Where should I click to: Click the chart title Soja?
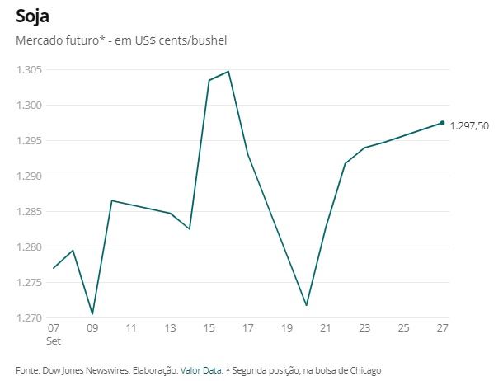coord(32,16)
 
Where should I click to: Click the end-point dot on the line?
coord(443,123)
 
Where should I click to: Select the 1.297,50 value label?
coord(469,126)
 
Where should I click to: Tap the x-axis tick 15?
coord(209,328)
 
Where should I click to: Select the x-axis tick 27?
coord(443,328)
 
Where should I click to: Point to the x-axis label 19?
coord(287,328)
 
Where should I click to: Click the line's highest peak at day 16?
coord(228,71)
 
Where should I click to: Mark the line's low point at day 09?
coord(92,314)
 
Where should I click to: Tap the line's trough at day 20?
coord(307,306)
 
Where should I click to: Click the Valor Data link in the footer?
coord(200,370)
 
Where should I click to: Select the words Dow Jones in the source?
coord(60,370)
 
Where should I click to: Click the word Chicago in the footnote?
coord(364,370)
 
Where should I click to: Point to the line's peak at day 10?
coord(112,200)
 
